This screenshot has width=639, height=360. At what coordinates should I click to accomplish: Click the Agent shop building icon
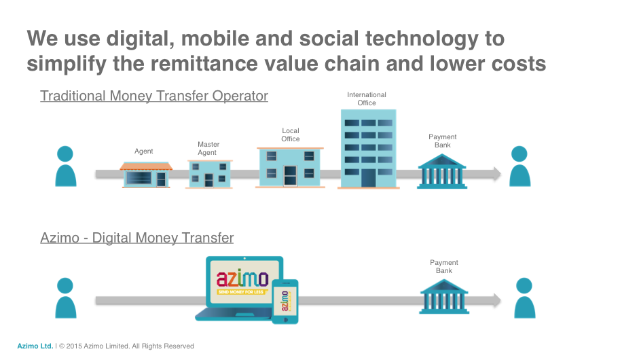146,175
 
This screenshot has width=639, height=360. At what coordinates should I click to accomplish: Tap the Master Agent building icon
209,174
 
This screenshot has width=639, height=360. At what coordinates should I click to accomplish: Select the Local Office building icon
290,168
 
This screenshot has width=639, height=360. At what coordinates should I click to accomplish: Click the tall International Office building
369,149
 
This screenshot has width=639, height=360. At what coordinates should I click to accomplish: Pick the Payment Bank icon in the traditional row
442,172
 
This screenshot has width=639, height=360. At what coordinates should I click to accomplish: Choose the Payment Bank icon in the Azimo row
444,297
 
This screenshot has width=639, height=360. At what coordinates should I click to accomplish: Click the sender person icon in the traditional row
66,166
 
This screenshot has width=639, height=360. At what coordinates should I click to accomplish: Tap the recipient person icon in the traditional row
519,166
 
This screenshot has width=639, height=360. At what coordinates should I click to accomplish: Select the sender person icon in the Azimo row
66,298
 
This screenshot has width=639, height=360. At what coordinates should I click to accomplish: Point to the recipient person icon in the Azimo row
524,298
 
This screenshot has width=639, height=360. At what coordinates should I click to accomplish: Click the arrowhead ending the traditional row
497,174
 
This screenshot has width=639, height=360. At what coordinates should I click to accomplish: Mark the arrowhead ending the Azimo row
497,300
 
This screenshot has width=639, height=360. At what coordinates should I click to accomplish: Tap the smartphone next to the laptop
285,302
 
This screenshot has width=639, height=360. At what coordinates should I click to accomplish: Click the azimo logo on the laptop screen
242,279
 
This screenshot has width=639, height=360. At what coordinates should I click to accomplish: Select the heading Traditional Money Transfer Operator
154,96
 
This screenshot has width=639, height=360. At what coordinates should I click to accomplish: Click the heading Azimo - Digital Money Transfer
137,238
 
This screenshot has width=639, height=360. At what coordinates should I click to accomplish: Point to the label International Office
367,98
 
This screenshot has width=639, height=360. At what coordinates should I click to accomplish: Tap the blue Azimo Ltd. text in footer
35,346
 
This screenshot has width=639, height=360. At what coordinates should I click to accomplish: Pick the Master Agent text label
208,148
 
